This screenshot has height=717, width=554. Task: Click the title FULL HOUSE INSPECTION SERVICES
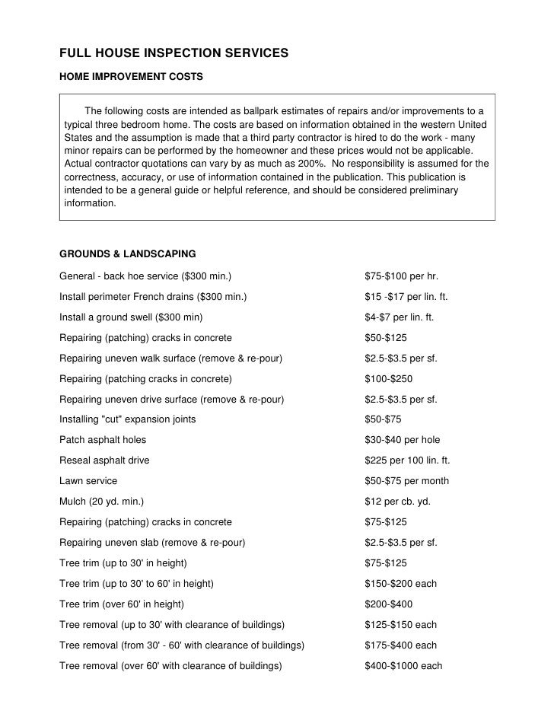click(x=174, y=54)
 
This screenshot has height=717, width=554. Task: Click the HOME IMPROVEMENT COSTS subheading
click(x=131, y=77)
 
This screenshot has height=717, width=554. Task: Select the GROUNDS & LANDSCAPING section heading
click(x=128, y=253)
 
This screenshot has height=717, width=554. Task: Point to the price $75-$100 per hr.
click(x=402, y=276)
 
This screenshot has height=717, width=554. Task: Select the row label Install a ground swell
click(x=131, y=317)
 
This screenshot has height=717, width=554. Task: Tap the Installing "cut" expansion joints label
click(x=127, y=419)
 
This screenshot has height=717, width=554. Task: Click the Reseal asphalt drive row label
click(x=104, y=460)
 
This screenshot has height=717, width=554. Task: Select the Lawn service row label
click(x=88, y=481)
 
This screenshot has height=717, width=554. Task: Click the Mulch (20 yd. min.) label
click(x=101, y=502)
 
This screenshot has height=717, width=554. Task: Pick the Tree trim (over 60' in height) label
click(x=122, y=604)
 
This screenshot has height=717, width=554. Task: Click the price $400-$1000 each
click(x=403, y=666)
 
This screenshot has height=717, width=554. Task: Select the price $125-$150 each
click(x=401, y=625)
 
